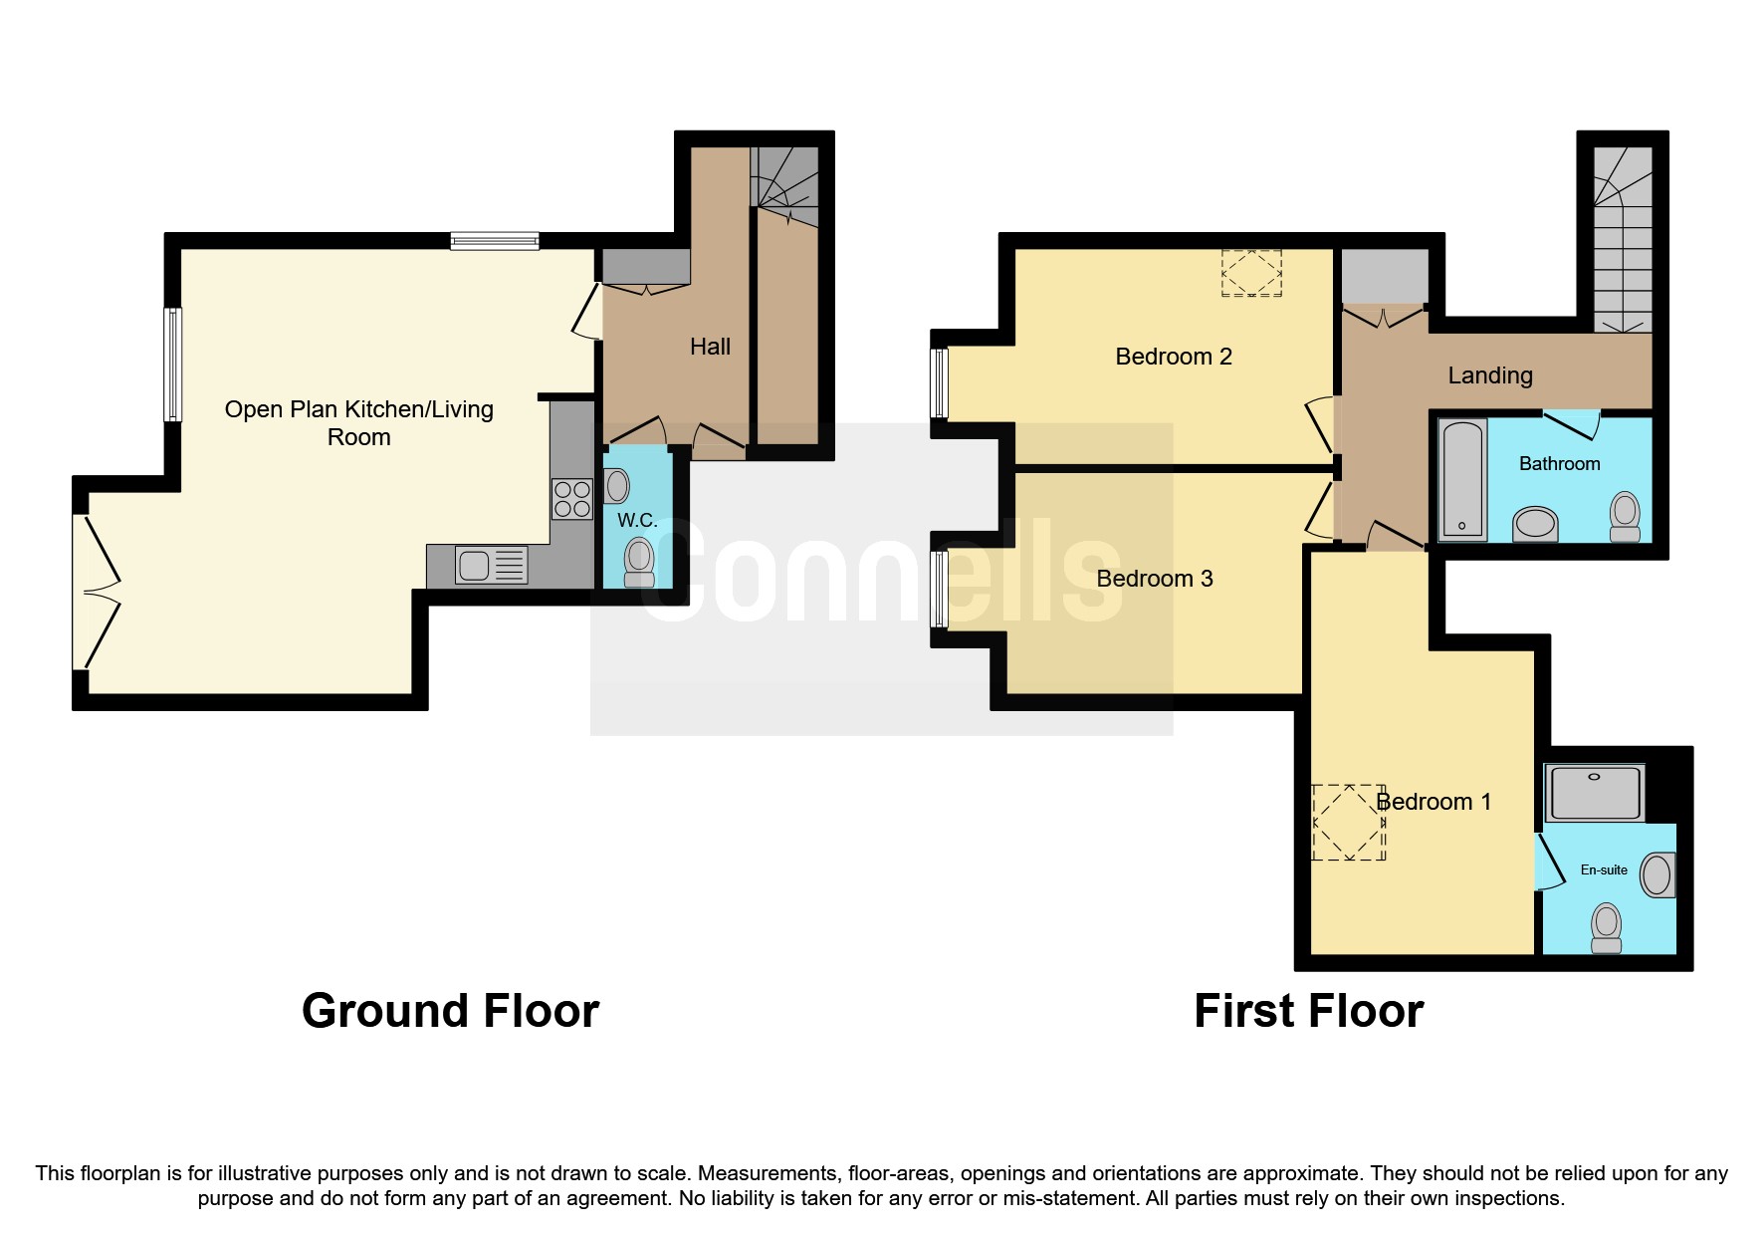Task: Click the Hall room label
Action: point(710,347)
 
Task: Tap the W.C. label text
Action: point(636,521)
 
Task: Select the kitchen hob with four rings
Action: point(572,499)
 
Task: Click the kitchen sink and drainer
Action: point(491,566)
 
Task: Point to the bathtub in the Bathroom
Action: point(1462,479)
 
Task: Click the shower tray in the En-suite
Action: point(1594,793)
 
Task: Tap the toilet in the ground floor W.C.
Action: point(639,563)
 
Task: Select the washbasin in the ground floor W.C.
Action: point(617,486)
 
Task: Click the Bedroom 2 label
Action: point(1174,357)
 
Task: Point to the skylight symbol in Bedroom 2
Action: point(1251,273)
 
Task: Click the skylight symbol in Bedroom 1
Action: point(1349,822)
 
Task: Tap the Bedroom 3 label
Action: point(1154,579)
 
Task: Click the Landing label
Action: point(1489,375)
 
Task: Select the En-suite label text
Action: point(1604,869)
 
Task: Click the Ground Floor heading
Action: point(450,1011)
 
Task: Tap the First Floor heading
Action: point(1308,1011)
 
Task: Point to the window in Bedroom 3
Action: point(939,589)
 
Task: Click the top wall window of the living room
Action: point(494,240)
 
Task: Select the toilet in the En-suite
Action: point(1606,927)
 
